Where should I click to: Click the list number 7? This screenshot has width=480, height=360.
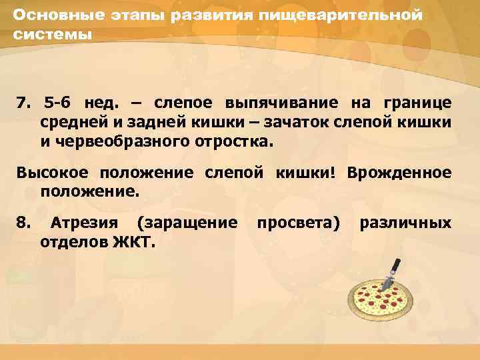[25, 103]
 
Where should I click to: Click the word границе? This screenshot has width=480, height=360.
[416, 103]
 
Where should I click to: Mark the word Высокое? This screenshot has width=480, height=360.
[54, 173]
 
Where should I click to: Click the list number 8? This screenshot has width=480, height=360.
[23, 222]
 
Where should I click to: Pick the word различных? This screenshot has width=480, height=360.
[405, 222]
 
